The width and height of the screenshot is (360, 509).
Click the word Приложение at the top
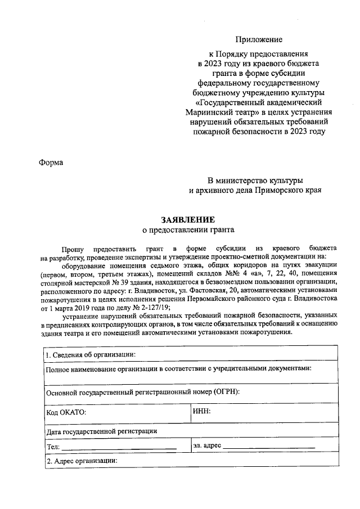pos(259,39)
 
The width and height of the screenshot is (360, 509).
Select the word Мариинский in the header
pos(209,112)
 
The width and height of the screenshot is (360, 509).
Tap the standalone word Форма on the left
pos(51,163)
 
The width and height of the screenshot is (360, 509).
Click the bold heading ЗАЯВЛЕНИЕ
pos(187,219)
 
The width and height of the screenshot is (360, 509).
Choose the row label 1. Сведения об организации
pos(91,354)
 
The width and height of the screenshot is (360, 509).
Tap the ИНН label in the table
pos(201,412)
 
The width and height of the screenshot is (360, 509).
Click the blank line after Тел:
pos(119,448)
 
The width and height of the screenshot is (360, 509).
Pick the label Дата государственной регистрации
pos(101,431)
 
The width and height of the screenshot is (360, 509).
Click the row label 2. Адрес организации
pos(82,461)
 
